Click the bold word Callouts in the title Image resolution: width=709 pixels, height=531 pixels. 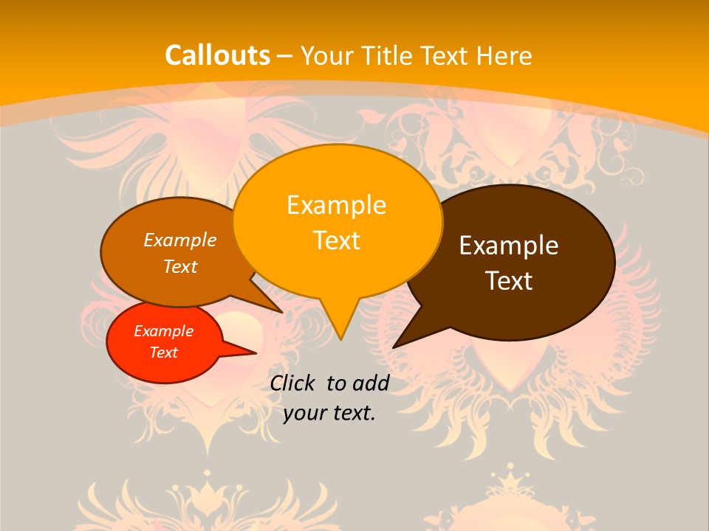point(217,55)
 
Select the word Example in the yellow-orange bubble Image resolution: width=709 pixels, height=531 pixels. point(336,204)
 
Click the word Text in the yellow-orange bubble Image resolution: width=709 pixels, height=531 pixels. point(336,240)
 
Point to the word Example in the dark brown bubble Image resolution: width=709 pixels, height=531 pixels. point(509,246)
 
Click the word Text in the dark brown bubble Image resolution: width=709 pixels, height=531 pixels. point(509,281)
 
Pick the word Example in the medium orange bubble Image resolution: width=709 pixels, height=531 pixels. point(180,240)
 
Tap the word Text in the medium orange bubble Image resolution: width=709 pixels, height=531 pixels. point(180,266)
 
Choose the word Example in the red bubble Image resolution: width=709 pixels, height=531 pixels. point(164,331)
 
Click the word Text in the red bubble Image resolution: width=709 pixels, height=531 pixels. point(164,353)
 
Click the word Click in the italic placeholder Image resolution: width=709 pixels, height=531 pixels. point(294,383)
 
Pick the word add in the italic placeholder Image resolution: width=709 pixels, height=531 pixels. point(371,383)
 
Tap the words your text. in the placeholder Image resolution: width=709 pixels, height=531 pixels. point(329,413)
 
